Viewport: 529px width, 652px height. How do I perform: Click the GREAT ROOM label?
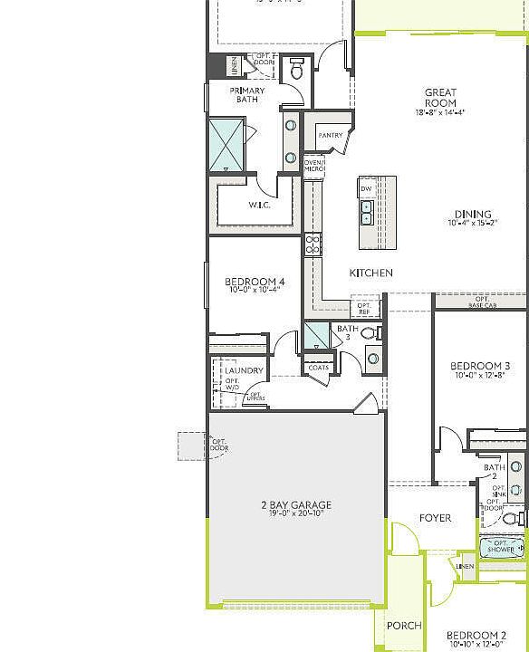[x=440, y=98]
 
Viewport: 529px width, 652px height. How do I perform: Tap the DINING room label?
[x=473, y=215]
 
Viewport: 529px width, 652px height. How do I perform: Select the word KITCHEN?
[x=371, y=273]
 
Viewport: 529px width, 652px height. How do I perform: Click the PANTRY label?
[x=331, y=136]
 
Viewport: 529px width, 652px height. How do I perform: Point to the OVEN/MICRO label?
[x=313, y=166]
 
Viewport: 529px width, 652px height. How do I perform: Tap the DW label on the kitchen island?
[x=367, y=188]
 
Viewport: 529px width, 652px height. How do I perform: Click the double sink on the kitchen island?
[x=366, y=213]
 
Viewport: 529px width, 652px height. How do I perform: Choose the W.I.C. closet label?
[x=261, y=206]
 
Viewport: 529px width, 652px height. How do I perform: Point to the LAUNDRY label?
[x=245, y=370]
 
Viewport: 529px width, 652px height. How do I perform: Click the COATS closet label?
[x=318, y=368]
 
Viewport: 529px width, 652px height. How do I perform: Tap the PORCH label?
[x=404, y=626]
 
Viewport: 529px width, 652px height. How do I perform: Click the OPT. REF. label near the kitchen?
[x=364, y=308]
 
